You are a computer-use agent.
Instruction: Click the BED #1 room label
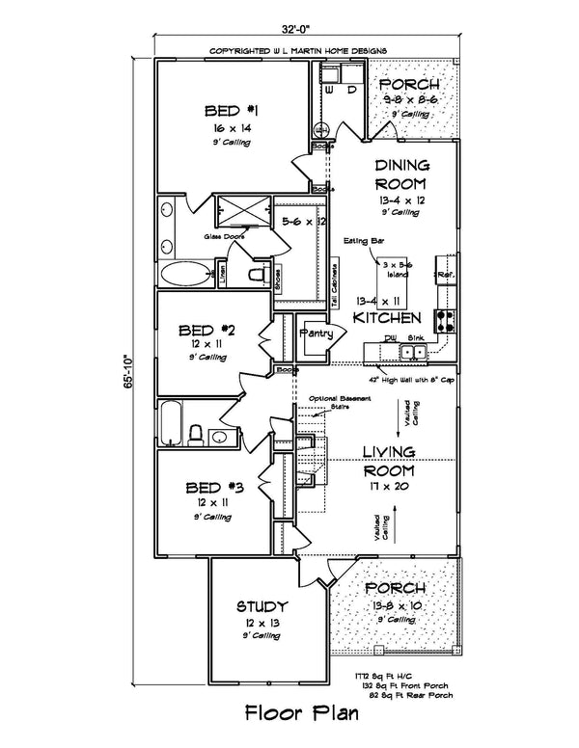[x=229, y=109]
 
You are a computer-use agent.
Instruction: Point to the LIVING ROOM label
[x=389, y=462]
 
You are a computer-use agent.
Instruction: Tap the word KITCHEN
[x=386, y=317]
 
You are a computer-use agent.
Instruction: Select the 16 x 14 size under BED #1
[x=229, y=127]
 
